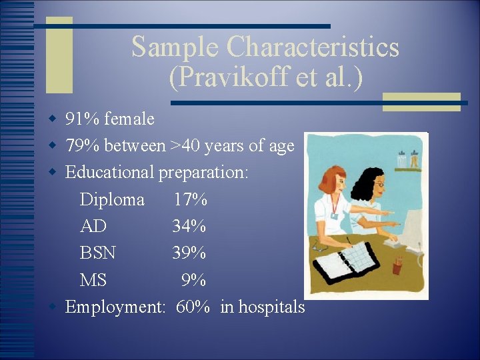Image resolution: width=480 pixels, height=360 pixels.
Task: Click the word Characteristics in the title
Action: point(313,47)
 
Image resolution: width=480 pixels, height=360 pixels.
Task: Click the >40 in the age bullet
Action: point(185,145)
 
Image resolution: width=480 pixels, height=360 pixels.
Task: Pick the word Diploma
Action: point(112,199)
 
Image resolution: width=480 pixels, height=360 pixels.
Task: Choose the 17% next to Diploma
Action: point(190,199)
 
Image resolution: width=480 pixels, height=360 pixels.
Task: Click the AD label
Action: point(93,226)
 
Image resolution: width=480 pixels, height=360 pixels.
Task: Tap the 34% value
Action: point(189,226)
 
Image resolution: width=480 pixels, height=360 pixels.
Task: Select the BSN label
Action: point(97,253)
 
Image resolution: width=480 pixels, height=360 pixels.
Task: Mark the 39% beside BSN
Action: point(189,253)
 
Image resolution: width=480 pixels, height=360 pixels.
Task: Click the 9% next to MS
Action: point(194,280)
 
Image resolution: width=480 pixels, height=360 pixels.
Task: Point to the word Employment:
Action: point(115,307)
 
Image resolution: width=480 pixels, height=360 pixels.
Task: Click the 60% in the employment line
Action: point(193,307)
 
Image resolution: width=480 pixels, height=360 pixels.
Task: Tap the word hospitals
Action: point(271,307)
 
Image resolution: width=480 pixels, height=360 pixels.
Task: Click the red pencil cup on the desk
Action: point(397,266)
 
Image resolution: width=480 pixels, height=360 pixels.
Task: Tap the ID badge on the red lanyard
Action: point(333,215)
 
